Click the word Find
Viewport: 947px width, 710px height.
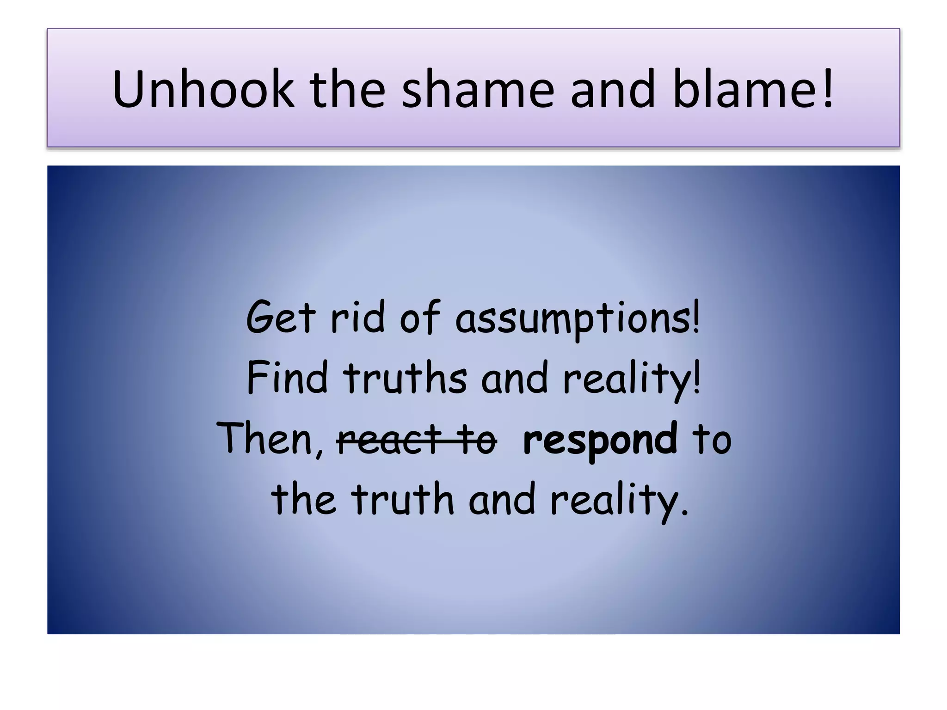[287, 378]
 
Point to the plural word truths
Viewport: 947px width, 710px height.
[405, 378]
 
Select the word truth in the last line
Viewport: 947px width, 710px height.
[402, 499]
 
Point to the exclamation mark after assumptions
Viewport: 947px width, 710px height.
[696, 317]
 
